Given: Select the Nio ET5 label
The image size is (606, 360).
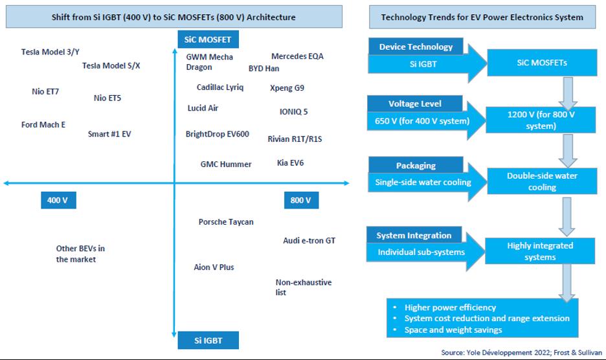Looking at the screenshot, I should point(107,98).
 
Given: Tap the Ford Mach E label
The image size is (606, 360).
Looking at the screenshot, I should point(43,125).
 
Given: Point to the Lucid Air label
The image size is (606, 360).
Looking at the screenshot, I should point(203,108).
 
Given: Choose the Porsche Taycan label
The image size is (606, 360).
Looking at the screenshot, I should point(226,222).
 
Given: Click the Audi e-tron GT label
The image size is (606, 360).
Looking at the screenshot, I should point(309,241).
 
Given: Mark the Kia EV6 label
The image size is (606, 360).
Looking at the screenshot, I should point(290,163).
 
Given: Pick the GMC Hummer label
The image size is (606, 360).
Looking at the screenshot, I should point(226,164).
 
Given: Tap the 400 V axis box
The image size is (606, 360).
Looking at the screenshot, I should point(58,201).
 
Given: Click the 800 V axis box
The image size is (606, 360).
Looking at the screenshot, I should point(301,201).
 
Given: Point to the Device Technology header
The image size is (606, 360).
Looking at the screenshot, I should point(416,47).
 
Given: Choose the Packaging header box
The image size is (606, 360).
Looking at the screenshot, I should point(416,166).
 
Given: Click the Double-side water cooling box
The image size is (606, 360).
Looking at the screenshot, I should point(542,181).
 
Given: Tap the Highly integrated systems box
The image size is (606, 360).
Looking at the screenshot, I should point(541,251).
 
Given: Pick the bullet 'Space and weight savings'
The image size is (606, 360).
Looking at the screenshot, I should point(453,330).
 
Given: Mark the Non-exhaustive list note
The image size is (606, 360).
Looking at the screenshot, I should point(304,287).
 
